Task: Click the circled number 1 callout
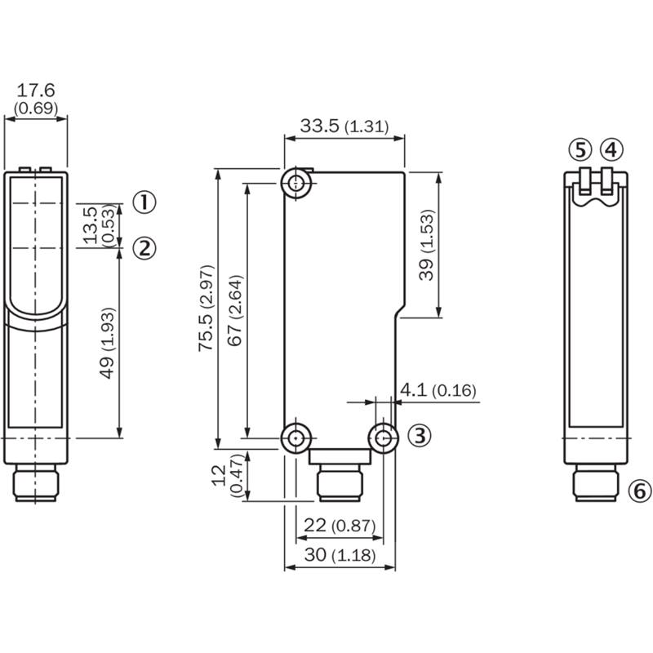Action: (x=144, y=202)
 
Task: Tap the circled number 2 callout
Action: (x=144, y=248)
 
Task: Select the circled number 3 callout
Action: (x=420, y=435)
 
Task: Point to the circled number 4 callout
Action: (x=611, y=150)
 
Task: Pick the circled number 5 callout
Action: (x=580, y=150)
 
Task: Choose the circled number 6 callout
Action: (x=639, y=491)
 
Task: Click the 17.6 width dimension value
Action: (x=36, y=90)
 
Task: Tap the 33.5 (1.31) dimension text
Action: (x=344, y=126)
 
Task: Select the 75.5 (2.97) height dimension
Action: (x=207, y=308)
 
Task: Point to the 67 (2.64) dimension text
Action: (x=235, y=310)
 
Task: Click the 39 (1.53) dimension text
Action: (x=426, y=245)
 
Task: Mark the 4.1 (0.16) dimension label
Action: (x=438, y=390)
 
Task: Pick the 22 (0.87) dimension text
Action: (x=340, y=525)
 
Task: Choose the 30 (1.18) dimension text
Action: (x=340, y=555)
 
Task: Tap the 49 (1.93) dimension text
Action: (x=107, y=343)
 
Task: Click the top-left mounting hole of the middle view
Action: (x=296, y=183)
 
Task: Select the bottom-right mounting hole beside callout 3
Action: (x=383, y=438)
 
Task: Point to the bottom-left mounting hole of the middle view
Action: (x=296, y=438)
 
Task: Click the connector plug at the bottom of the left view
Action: (x=36, y=482)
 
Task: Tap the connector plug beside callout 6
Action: (x=596, y=482)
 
